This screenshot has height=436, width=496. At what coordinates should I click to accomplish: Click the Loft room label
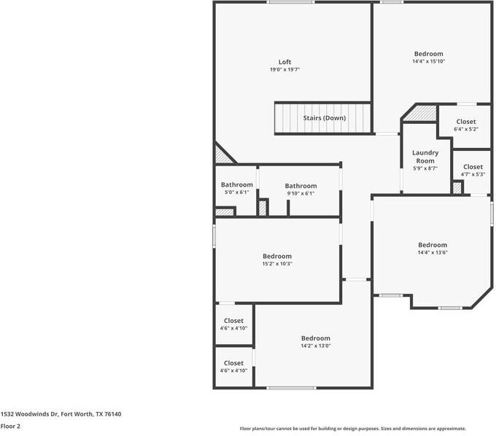click(x=284, y=61)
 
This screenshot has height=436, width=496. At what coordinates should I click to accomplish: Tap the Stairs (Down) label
click(x=325, y=117)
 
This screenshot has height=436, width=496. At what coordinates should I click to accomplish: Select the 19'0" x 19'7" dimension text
click(x=284, y=70)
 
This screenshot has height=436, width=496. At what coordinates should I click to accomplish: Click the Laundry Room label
click(x=425, y=157)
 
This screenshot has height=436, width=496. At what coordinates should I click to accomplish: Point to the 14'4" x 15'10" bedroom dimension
click(x=430, y=62)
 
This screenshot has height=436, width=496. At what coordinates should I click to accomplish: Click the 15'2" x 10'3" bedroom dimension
click(x=277, y=264)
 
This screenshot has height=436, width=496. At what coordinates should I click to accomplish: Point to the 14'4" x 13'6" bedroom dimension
click(x=433, y=253)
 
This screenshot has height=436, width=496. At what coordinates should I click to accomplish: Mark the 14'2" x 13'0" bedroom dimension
click(x=316, y=346)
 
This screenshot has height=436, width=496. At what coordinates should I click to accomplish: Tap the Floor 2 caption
click(x=10, y=426)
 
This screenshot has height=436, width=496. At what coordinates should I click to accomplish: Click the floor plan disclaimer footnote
click(x=353, y=429)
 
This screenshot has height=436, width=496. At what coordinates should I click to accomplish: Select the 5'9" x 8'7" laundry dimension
click(x=425, y=168)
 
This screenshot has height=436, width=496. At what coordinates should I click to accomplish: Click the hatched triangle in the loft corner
click(x=221, y=155)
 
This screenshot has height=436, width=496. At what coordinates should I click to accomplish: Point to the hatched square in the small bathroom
click(x=225, y=212)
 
